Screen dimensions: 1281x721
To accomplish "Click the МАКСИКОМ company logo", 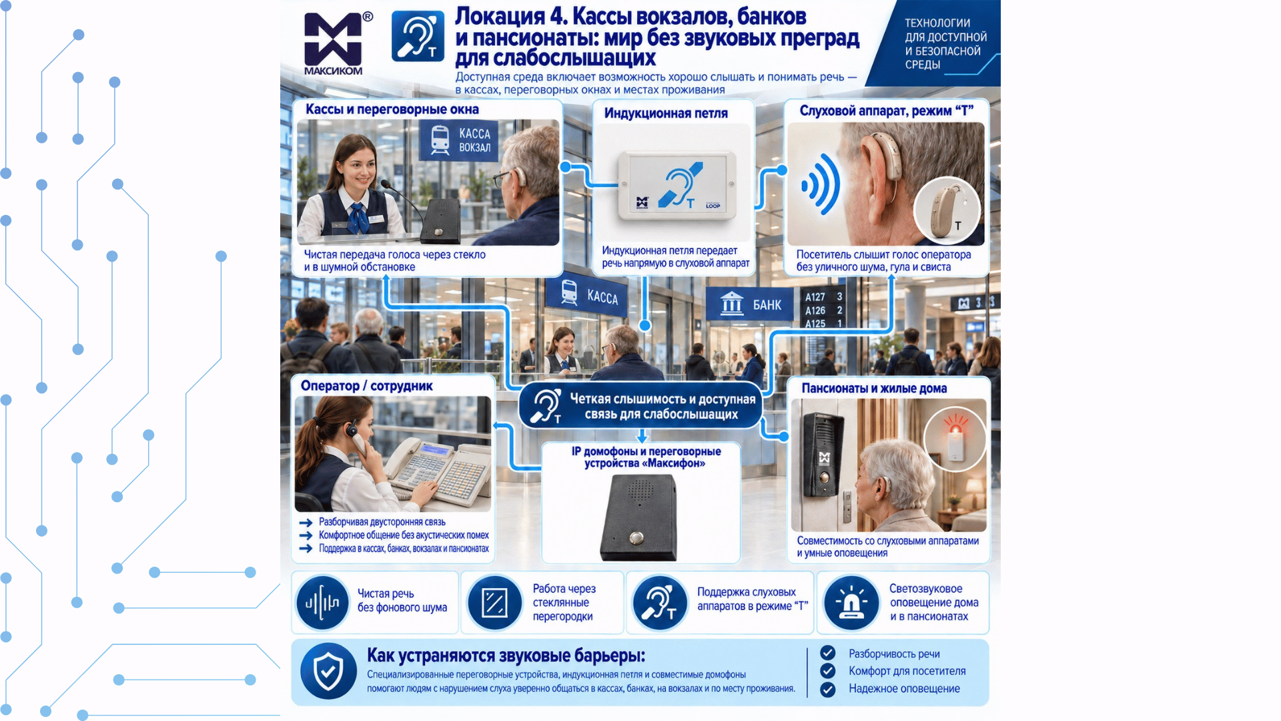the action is coord(333,43).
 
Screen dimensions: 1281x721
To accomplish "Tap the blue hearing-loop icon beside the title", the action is coord(418,36).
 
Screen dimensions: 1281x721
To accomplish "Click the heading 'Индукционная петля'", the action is coord(666,113).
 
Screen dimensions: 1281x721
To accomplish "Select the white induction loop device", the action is coord(677,186).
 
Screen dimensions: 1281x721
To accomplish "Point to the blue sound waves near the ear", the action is coord(821,184).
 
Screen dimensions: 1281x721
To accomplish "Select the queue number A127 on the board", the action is coord(815,297).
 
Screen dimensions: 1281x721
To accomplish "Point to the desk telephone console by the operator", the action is coord(438,468).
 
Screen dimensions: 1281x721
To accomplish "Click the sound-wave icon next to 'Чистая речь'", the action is coord(322,604).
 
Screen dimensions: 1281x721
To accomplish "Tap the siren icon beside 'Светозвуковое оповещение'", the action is coord(851,603).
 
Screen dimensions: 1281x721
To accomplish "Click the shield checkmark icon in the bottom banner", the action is coord(328,671).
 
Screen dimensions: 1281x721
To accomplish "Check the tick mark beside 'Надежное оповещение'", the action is coord(828,690).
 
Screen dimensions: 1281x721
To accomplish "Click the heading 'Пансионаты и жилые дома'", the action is coord(874,389).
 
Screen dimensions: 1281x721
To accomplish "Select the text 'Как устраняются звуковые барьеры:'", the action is coord(506,656).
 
